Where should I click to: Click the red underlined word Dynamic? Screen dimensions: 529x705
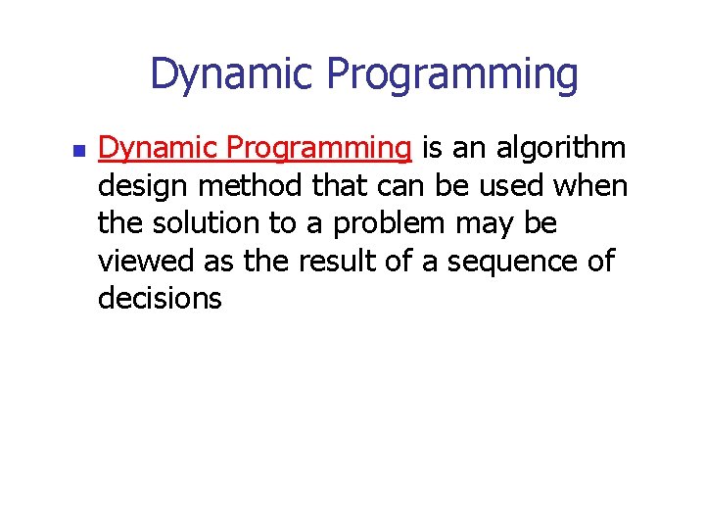(x=158, y=149)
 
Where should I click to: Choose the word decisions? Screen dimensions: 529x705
(x=160, y=298)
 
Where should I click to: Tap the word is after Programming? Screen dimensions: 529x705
(x=433, y=148)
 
